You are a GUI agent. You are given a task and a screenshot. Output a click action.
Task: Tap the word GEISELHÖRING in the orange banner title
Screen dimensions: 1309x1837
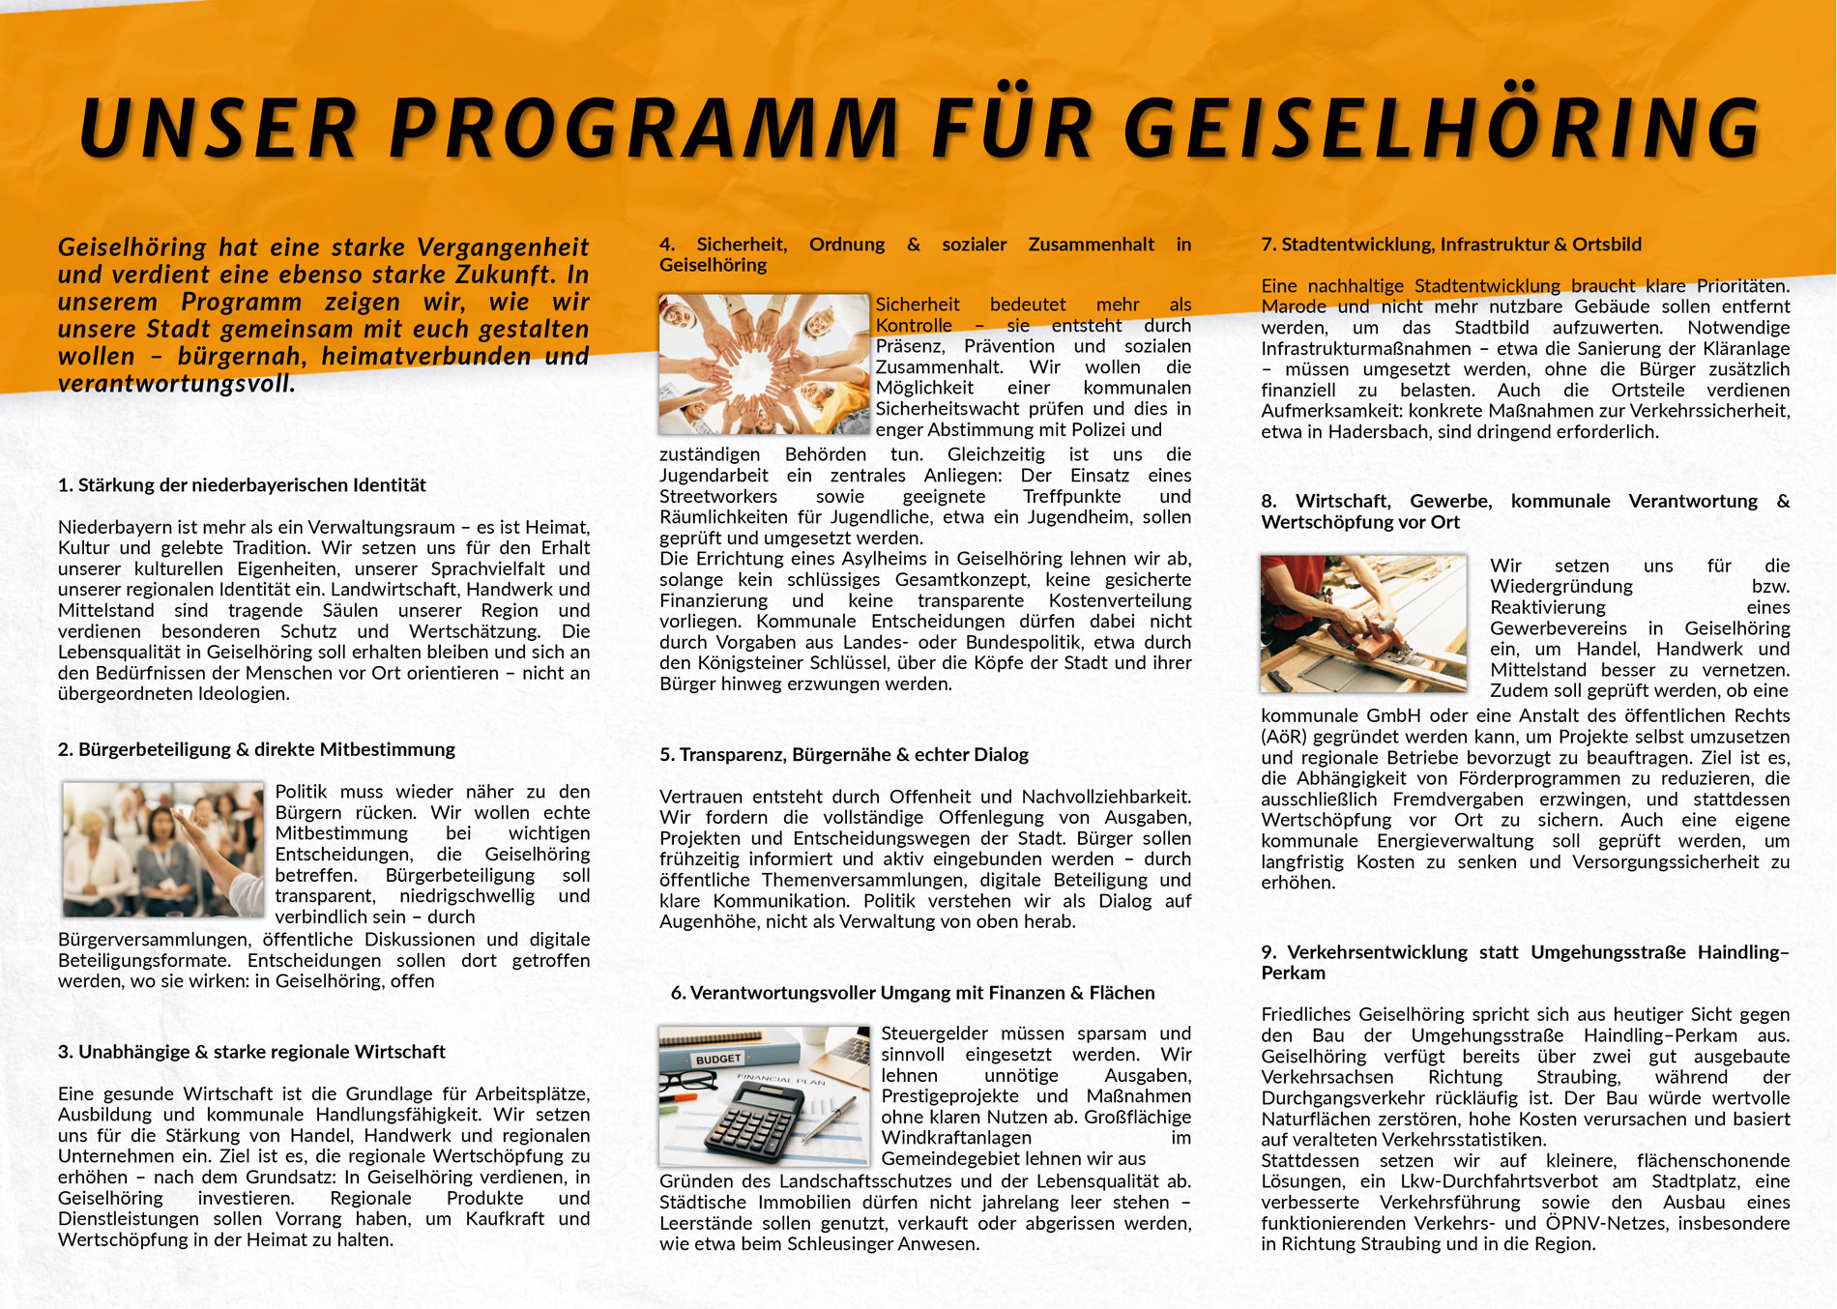tap(1441, 128)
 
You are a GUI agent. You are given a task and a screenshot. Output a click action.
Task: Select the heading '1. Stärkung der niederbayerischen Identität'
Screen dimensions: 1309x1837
tap(242, 485)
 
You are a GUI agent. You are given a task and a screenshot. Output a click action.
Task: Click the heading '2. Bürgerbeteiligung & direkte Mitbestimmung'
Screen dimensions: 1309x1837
tap(256, 749)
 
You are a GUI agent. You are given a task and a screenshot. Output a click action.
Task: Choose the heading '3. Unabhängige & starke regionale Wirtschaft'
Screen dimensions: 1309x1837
tap(251, 1052)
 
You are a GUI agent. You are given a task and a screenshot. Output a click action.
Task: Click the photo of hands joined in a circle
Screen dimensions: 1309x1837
tap(764, 364)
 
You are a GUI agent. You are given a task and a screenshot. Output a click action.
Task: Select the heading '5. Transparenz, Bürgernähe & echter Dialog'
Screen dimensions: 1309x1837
tap(843, 755)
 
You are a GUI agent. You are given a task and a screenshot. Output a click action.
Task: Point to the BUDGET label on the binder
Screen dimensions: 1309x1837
tap(717, 1059)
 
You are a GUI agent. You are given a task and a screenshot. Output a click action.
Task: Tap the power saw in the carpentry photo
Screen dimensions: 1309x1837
tap(1363, 638)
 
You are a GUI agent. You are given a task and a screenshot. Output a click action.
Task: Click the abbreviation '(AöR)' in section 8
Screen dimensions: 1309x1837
tap(1284, 737)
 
